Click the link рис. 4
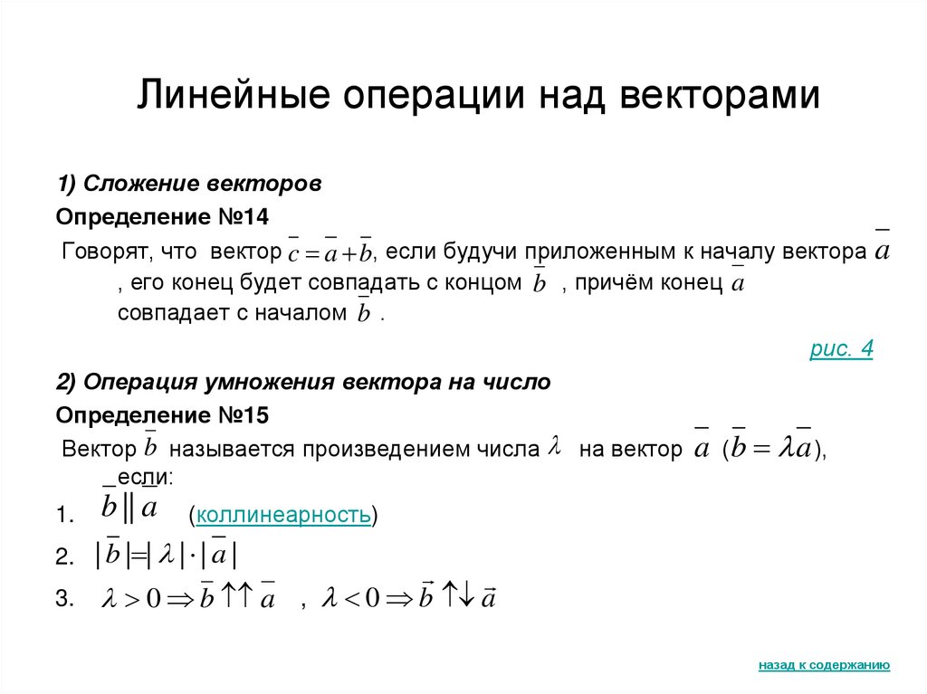point(841,350)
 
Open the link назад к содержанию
point(824,665)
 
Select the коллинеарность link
point(282,516)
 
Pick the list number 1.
point(62,517)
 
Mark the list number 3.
point(63,598)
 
